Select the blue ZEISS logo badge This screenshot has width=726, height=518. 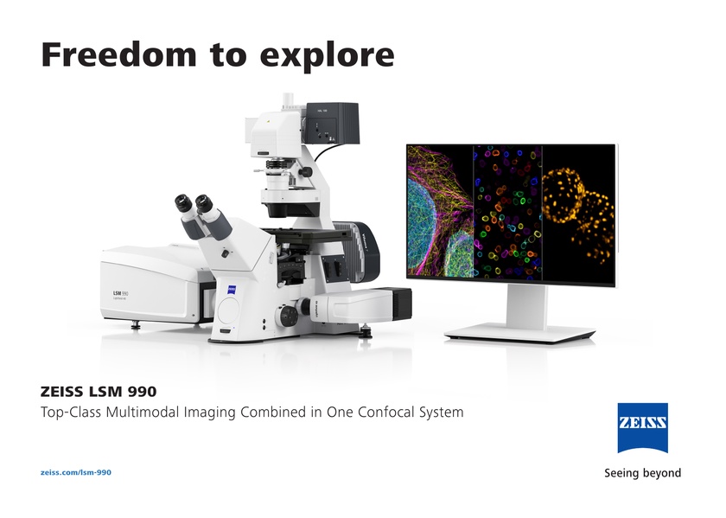641,428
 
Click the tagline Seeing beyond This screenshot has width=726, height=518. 641,473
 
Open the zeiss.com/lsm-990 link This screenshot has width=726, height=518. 76,472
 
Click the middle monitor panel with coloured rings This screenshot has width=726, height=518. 507,212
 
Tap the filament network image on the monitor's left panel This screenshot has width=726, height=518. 439,212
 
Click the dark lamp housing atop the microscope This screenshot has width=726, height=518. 334,124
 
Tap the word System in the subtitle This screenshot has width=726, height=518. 436,412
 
